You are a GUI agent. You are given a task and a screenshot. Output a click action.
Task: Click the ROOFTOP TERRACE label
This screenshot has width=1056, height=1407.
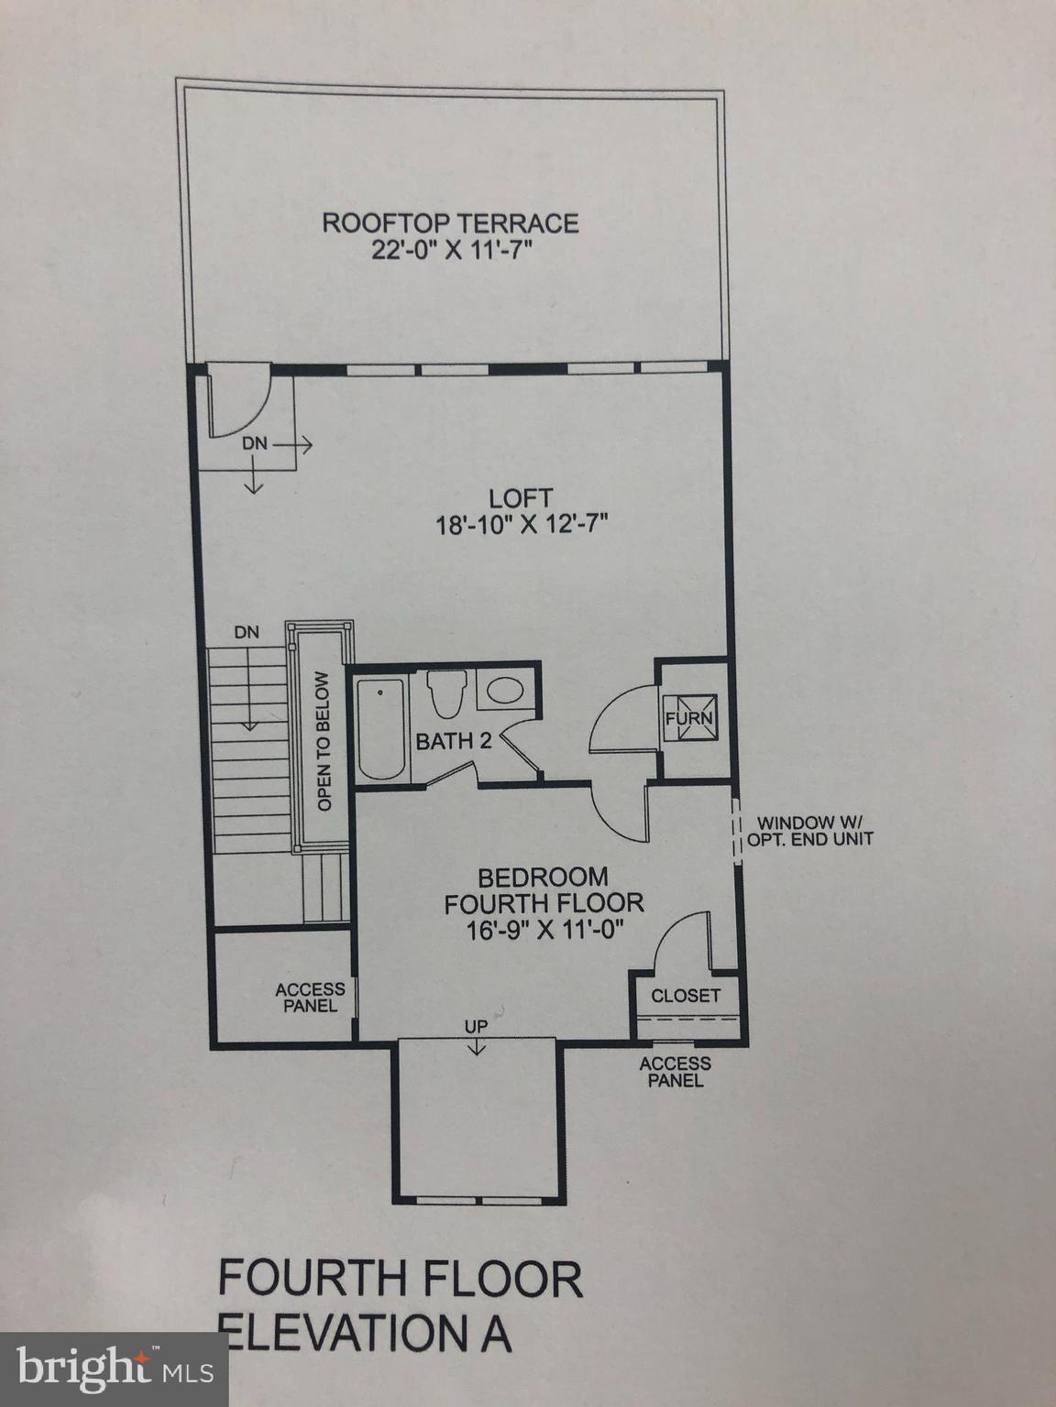(x=450, y=223)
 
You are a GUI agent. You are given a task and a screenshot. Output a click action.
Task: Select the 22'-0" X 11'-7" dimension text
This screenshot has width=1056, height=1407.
(x=451, y=251)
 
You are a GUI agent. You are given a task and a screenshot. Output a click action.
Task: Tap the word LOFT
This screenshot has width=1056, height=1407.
(x=520, y=498)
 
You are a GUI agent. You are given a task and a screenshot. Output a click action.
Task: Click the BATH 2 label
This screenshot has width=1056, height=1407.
(x=454, y=740)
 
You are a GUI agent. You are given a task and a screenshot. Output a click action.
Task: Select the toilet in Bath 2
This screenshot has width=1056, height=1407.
(x=447, y=694)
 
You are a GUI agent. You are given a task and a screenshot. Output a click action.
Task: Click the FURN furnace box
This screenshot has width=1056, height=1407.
(x=689, y=716)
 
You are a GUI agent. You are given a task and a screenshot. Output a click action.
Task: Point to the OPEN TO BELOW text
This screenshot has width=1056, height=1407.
(x=323, y=742)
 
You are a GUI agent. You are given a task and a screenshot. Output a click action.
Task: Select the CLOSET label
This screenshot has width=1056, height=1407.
(x=686, y=995)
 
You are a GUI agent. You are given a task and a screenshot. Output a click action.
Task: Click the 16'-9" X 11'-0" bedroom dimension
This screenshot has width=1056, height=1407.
(x=544, y=929)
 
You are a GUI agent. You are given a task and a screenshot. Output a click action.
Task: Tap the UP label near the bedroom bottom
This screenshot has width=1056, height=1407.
(x=475, y=1027)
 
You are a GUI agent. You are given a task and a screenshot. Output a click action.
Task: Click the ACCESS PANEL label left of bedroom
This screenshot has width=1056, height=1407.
(x=310, y=998)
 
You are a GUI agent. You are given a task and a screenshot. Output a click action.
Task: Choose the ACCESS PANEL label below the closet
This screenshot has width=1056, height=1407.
(x=675, y=1072)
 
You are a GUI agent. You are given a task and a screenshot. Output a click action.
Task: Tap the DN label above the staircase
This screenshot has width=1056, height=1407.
(x=247, y=631)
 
